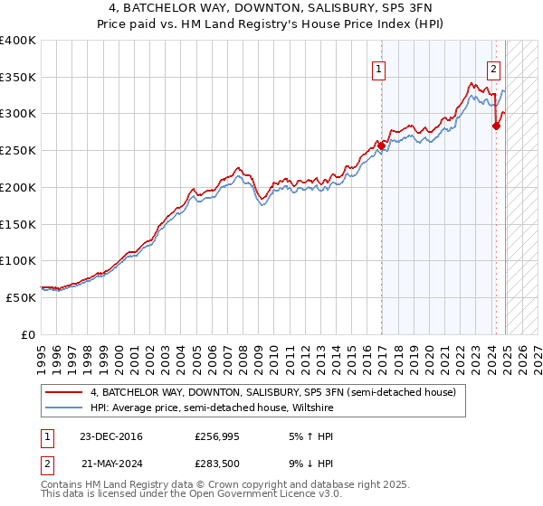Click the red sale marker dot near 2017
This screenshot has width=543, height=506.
click(x=382, y=145)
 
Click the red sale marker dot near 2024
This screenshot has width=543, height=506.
click(x=496, y=126)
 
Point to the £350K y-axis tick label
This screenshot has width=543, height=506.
click(x=18, y=78)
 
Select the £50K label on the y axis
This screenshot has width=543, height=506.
click(x=22, y=297)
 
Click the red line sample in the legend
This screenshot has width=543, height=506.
click(x=64, y=392)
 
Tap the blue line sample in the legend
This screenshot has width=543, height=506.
click(x=64, y=408)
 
